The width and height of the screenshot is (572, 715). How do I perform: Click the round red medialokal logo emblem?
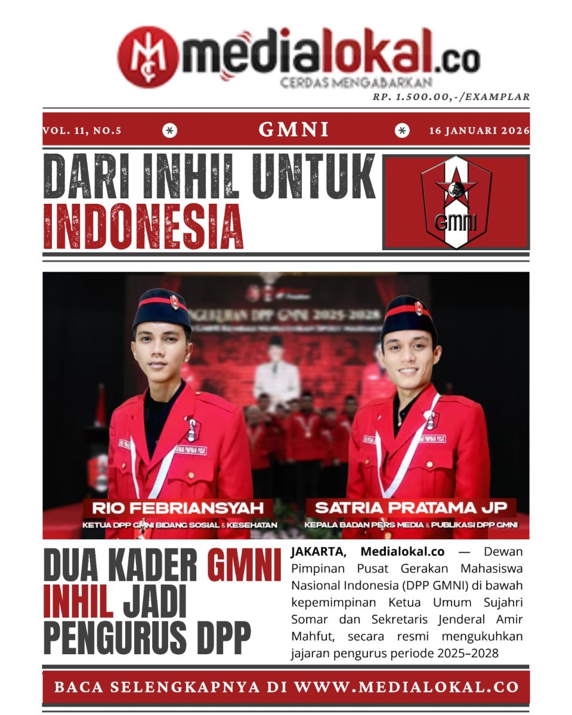pyautogui.click(x=147, y=57)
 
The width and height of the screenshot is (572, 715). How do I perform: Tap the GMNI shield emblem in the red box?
pyautogui.click(x=456, y=202)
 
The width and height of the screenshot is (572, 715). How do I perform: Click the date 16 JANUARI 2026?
pyautogui.click(x=479, y=130)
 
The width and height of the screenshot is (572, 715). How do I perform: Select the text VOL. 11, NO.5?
pyautogui.click(x=82, y=130)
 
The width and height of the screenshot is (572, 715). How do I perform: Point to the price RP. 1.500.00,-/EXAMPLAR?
pyautogui.click(x=451, y=97)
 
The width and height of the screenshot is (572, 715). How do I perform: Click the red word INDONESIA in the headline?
pyautogui.click(x=144, y=226)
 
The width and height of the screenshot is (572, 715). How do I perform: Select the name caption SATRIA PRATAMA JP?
pyautogui.click(x=411, y=508)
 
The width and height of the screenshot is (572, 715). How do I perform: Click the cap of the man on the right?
pyautogui.click(x=409, y=316)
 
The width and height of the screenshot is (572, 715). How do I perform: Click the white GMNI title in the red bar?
pyautogui.click(x=293, y=130)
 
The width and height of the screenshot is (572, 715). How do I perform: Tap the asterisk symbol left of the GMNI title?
pyautogui.click(x=170, y=130)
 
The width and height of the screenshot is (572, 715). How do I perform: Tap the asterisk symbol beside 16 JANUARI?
pyautogui.click(x=403, y=130)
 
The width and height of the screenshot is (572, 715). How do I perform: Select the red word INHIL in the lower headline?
pyautogui.click(x=78, y=603)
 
